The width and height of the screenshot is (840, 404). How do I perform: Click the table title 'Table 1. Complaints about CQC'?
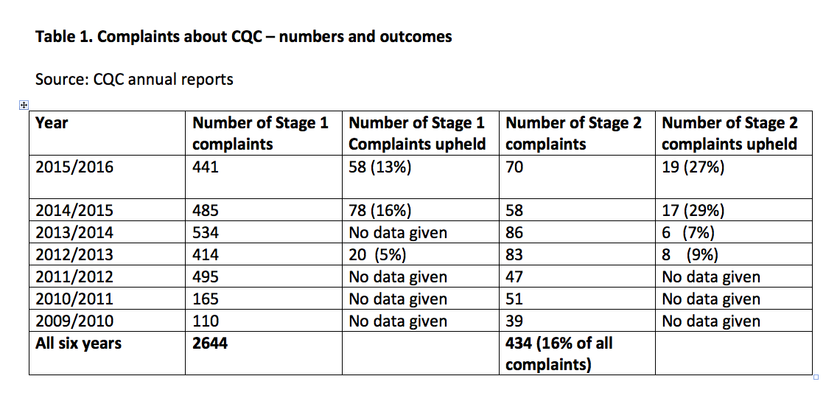tap(243, 37)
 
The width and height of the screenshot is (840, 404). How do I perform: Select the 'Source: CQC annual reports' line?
tap(134, 80)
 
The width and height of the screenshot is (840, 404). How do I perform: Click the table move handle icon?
tap(24, 105)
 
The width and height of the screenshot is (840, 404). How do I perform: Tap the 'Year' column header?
tap(52, 123)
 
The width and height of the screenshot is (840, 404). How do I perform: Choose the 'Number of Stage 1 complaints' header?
tap(260, 133)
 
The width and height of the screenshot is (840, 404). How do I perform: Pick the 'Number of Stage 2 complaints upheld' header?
tap(729, 133)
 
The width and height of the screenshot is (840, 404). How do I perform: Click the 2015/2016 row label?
tap(74, 167)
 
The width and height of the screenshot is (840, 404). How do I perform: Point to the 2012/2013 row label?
tap(74, 255)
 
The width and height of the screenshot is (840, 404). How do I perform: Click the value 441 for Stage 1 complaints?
tap(206, 167)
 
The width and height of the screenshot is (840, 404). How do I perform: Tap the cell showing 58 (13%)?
tap(379, 167)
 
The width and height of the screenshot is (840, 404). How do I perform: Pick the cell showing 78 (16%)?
tap(379, 211)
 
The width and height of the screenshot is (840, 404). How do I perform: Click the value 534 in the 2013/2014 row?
tap(206, 233)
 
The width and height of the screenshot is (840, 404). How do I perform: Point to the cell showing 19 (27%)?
tap(693, 167)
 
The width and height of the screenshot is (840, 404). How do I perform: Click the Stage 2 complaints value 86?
tap(514, 233)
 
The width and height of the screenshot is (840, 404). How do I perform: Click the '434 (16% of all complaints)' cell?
tap(559, 353)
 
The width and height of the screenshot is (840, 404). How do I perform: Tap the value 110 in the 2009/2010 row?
tap(206, 321)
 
